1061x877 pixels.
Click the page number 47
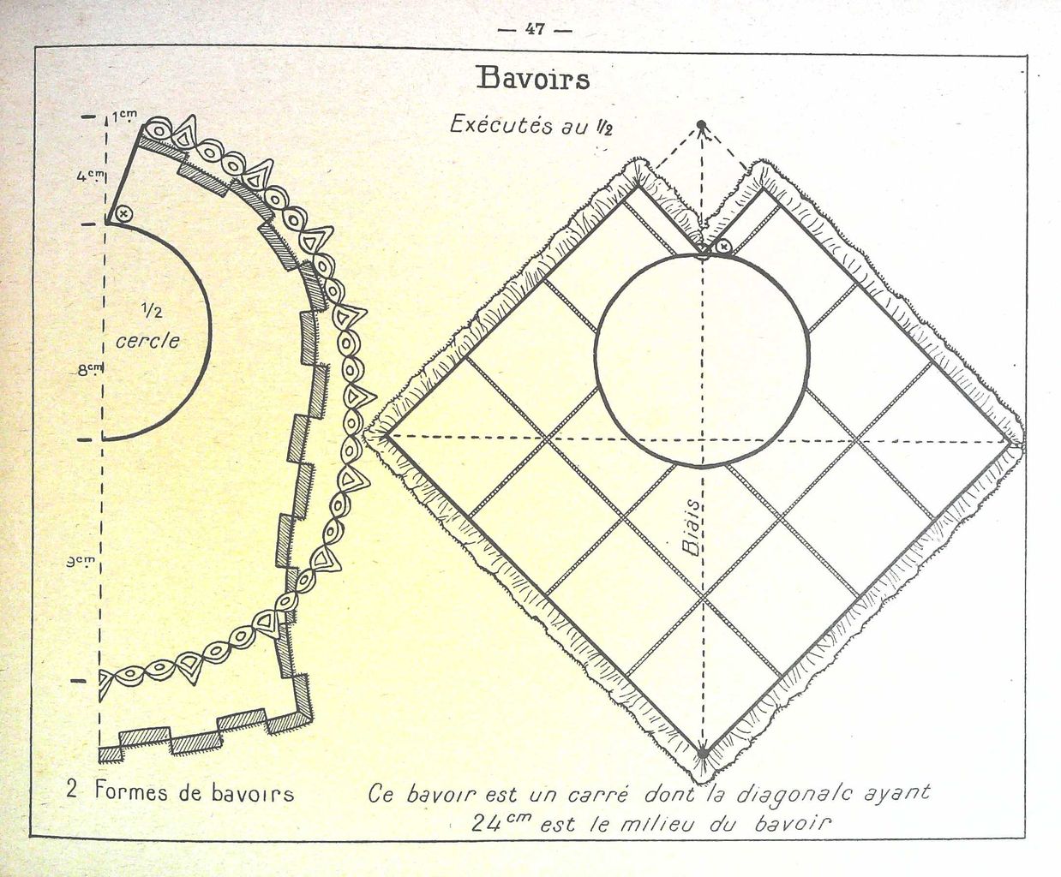(534, 30)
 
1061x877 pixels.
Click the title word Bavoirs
(533, 79)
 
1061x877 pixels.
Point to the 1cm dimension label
(124, 116)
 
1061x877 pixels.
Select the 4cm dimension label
(91, 176)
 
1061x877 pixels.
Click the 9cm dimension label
(81, 562)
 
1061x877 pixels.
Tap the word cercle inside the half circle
(148, 340)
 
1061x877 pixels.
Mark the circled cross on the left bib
(123, 213)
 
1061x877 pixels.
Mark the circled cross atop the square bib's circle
(723, 247)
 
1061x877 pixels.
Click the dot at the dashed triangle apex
(701, 124)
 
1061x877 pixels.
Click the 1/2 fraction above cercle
(152, 311)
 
